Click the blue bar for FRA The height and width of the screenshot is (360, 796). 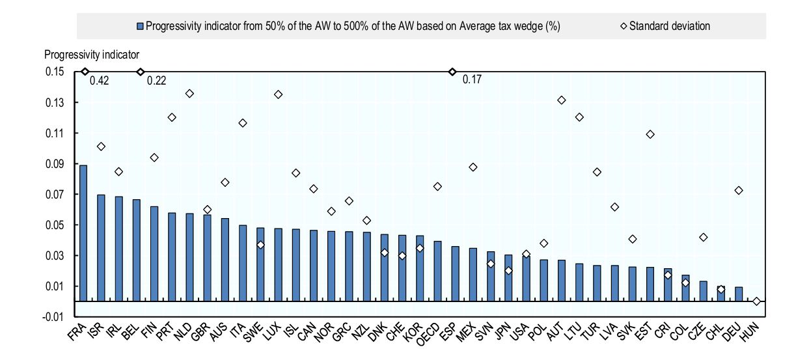tap(83, 233)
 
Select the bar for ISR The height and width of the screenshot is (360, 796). tap(101, 248)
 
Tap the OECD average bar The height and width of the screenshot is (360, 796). tap(437, 271)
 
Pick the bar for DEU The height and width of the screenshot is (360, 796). tap(739, 294)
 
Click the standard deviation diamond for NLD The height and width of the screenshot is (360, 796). tap(189, 94)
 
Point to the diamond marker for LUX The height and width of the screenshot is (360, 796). tap(278, 94)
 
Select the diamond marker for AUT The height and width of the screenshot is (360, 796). tap(562, 100)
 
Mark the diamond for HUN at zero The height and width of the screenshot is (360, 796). tap(756, 301)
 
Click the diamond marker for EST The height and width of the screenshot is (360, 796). tap(650, 134)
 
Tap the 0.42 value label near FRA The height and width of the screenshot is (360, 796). tap(99, 81)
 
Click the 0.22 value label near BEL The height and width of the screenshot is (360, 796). tap(156, 81)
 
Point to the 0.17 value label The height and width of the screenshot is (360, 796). tap(472, 79)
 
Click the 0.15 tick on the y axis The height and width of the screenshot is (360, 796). tap(55, 72)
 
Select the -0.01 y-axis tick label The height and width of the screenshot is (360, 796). tap(53, 316)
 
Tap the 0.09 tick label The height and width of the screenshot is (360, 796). tap(55, 164)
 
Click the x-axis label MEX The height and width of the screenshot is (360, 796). tap(466, 332)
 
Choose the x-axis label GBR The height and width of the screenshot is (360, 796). tap(200, 332)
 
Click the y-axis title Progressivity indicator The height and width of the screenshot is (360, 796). tap(92, 55)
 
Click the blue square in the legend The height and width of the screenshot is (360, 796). tap(140, 26)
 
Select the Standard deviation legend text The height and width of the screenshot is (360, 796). tap(670, 26)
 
